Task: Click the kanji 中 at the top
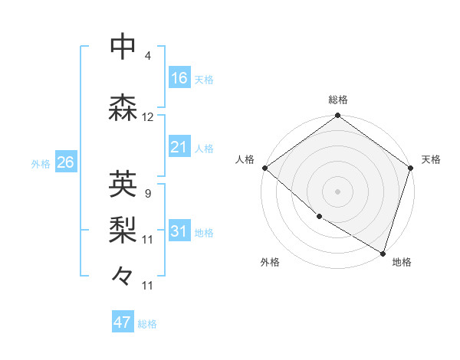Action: pyautogui.click(x=123, y=47)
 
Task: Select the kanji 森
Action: pyautogui.click(x=123, y=108)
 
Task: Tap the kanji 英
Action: pyautogui.click(x=123, y=184)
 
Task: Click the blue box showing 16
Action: pyautogui.click(x=179, y=78)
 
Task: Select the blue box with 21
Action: pyautogui.click(x=179, y=147)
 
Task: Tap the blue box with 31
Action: pyautogui.click(x=179, y=232)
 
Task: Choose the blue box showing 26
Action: pyautogui.click(x=65, y=162)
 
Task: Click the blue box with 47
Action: pyautogui.click(x=123, y=322)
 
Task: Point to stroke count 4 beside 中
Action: pyautogui.click(x=148, y=56)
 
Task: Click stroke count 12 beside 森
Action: pyautogui.click(x=148, y=117)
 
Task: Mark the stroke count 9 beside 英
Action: pyautogui.click(x=147, y=193)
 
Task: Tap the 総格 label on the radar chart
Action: pyautogui.click(x=338, y=100)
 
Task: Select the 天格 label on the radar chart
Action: pyautogui.click(x=432, y=159)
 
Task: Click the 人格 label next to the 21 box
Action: pyautogui.click(x=204, y=149)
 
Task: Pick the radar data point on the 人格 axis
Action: pyautogui.click(x=264, y=168)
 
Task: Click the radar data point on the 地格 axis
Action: pyautogui.click(x=383, y=253)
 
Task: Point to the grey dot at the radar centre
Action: pyautogui.click(x=337, y=191)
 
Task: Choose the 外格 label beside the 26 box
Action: pyautogui.click(x=41, y=164)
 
